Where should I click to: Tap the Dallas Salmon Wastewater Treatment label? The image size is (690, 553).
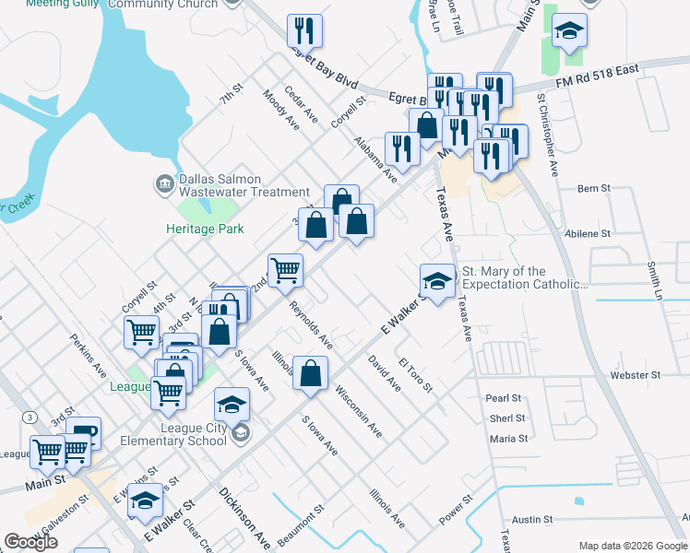[244, 185]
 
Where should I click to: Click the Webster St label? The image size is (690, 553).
[636, 376]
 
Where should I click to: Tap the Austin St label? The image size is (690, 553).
[531, 520]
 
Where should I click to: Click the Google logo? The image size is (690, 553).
[31, 542]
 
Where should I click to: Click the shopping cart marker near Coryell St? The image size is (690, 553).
[142, 332]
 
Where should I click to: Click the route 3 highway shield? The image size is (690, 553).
[31, 418]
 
